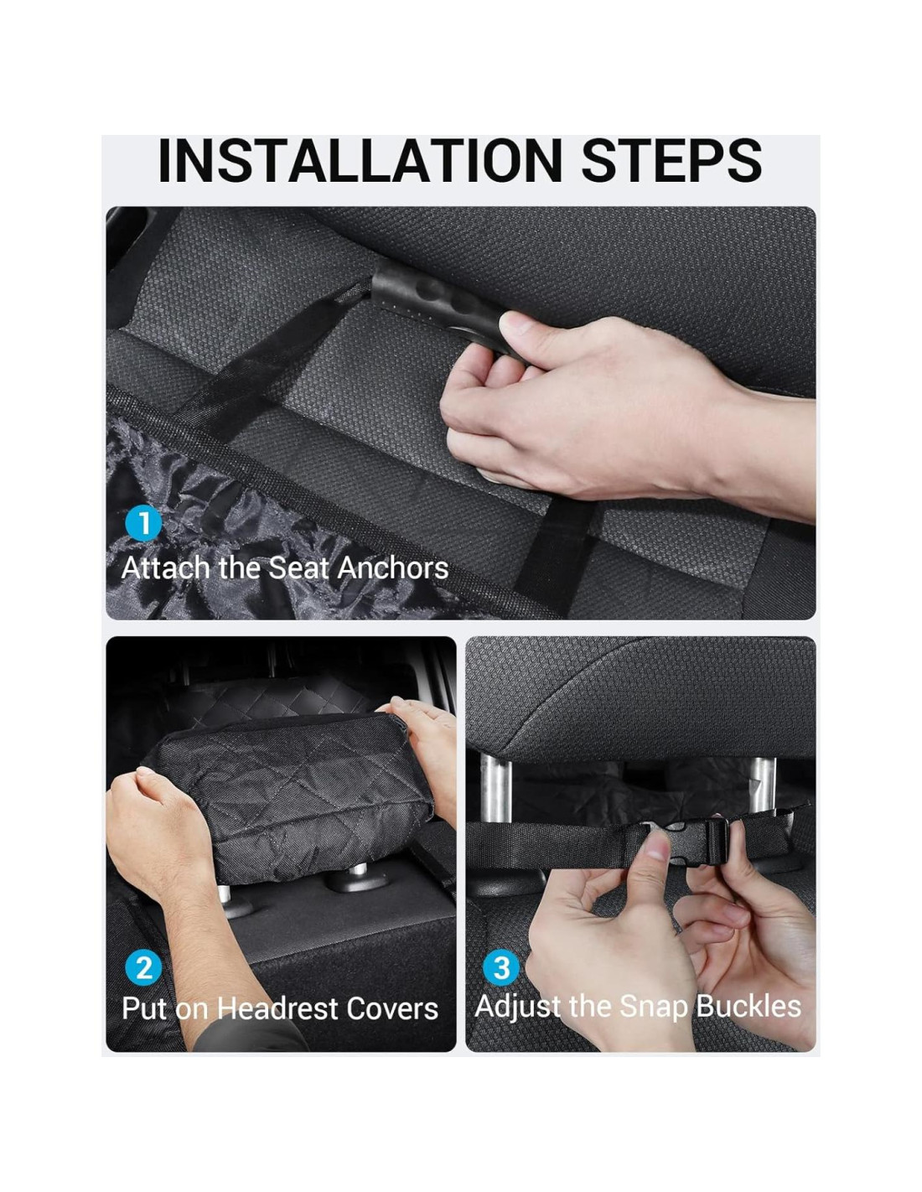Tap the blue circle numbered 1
(143, 524)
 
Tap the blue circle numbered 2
(143, 969)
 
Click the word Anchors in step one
(393, 567)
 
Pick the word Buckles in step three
(748, 1007)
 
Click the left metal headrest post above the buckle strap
(496, 789)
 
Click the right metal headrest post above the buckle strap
(763, 785)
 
